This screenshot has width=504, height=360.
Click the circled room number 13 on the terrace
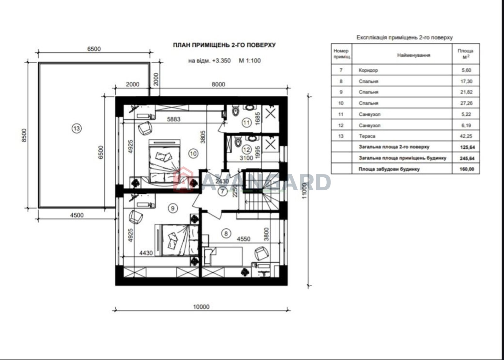(77, 129)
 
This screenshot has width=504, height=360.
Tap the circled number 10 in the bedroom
(193, 154)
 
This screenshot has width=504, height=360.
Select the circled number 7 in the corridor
(222, 191)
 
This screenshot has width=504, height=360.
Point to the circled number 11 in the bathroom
(246, 123)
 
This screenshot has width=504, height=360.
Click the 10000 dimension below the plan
(201, 307)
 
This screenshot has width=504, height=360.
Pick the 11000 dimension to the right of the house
(304, 191)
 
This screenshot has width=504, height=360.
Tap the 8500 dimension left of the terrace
(24, 135)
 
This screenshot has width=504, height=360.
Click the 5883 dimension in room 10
(174, 119)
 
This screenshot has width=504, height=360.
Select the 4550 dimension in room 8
(243, 239)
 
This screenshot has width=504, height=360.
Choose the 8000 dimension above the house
(218, 84)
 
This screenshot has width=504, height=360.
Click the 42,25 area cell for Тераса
(466, 136)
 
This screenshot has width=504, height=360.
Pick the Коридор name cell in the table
(368, 70)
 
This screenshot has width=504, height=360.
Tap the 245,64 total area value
(467, 158)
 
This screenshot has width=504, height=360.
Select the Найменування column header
(414, 55)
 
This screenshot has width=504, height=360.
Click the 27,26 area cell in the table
(466, 103)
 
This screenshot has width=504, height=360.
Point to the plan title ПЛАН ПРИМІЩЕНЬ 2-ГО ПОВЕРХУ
(224, 45)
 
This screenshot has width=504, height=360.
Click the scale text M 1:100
(250, 60)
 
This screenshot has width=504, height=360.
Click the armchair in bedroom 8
(261, 253)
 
